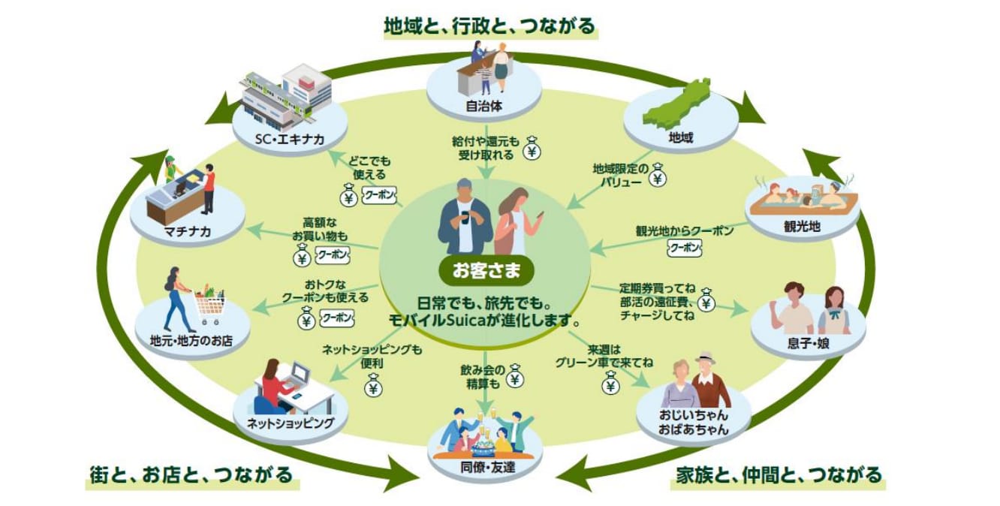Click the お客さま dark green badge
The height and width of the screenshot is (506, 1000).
click(x=486, y=270)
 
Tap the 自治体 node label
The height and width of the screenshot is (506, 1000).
click(x=484, y=107)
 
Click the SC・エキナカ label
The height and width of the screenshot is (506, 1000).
click(x=290, y=140)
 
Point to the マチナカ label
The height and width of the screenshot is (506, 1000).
click(x=188, y=231)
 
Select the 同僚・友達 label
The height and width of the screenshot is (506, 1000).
click(x=487, y=468)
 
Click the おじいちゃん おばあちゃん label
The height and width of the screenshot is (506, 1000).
click(x=693, y=423)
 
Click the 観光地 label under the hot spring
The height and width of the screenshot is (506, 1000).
click(x=803, y=227)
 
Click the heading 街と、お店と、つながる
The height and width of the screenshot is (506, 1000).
click(x=191, y=474)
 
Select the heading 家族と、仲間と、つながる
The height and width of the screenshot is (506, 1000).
click(x=779, y=474)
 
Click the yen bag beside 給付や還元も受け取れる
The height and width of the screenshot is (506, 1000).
click(x=532, y=149)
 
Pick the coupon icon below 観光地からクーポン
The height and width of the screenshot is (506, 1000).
click(x=685, y=248)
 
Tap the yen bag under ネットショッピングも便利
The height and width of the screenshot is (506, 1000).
click(x=373, y=386)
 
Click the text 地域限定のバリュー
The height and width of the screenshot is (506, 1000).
click(x=621, y=175)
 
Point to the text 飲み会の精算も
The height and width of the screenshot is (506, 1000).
click(x=483, y=376)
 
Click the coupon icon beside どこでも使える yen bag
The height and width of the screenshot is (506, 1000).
click(x=379, y=195)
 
